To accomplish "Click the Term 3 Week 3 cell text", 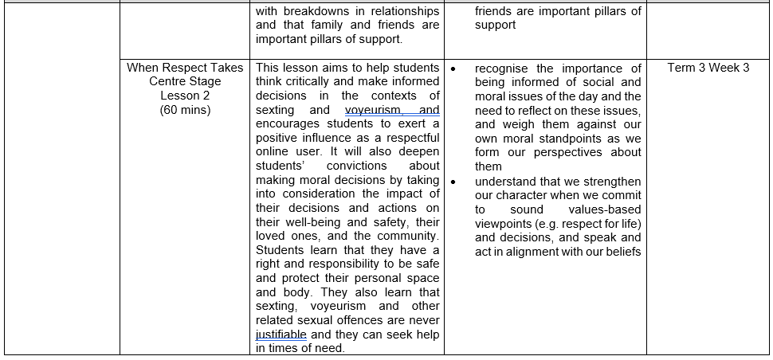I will [x=708, y=68].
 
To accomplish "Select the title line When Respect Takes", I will [x=185, y=68].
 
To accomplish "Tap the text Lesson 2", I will [x=185, y=96].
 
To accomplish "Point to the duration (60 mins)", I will [x=185, y=110].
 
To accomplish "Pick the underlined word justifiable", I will [x=281, y=335].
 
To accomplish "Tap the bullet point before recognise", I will [x=453, y=68].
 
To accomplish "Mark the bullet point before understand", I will [x=453, y=182].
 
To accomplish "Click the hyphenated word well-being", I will [x=288, y=222].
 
